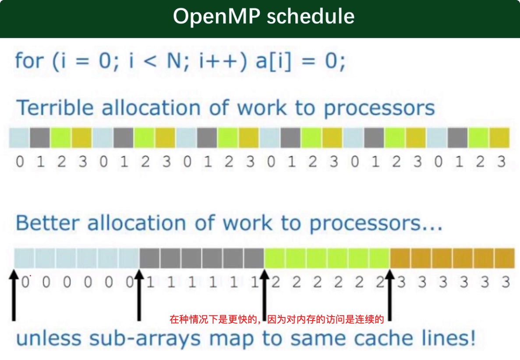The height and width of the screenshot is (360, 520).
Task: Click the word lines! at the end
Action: [x=452, y=339]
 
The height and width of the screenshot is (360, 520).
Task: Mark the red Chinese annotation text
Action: [x=276, y=319]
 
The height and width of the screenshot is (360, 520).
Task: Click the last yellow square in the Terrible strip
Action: [x=499, y=138]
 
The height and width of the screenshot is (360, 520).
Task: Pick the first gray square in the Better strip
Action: [x=149, y=258]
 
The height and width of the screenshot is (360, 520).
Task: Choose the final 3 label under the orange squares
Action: [x=506, y=282]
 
